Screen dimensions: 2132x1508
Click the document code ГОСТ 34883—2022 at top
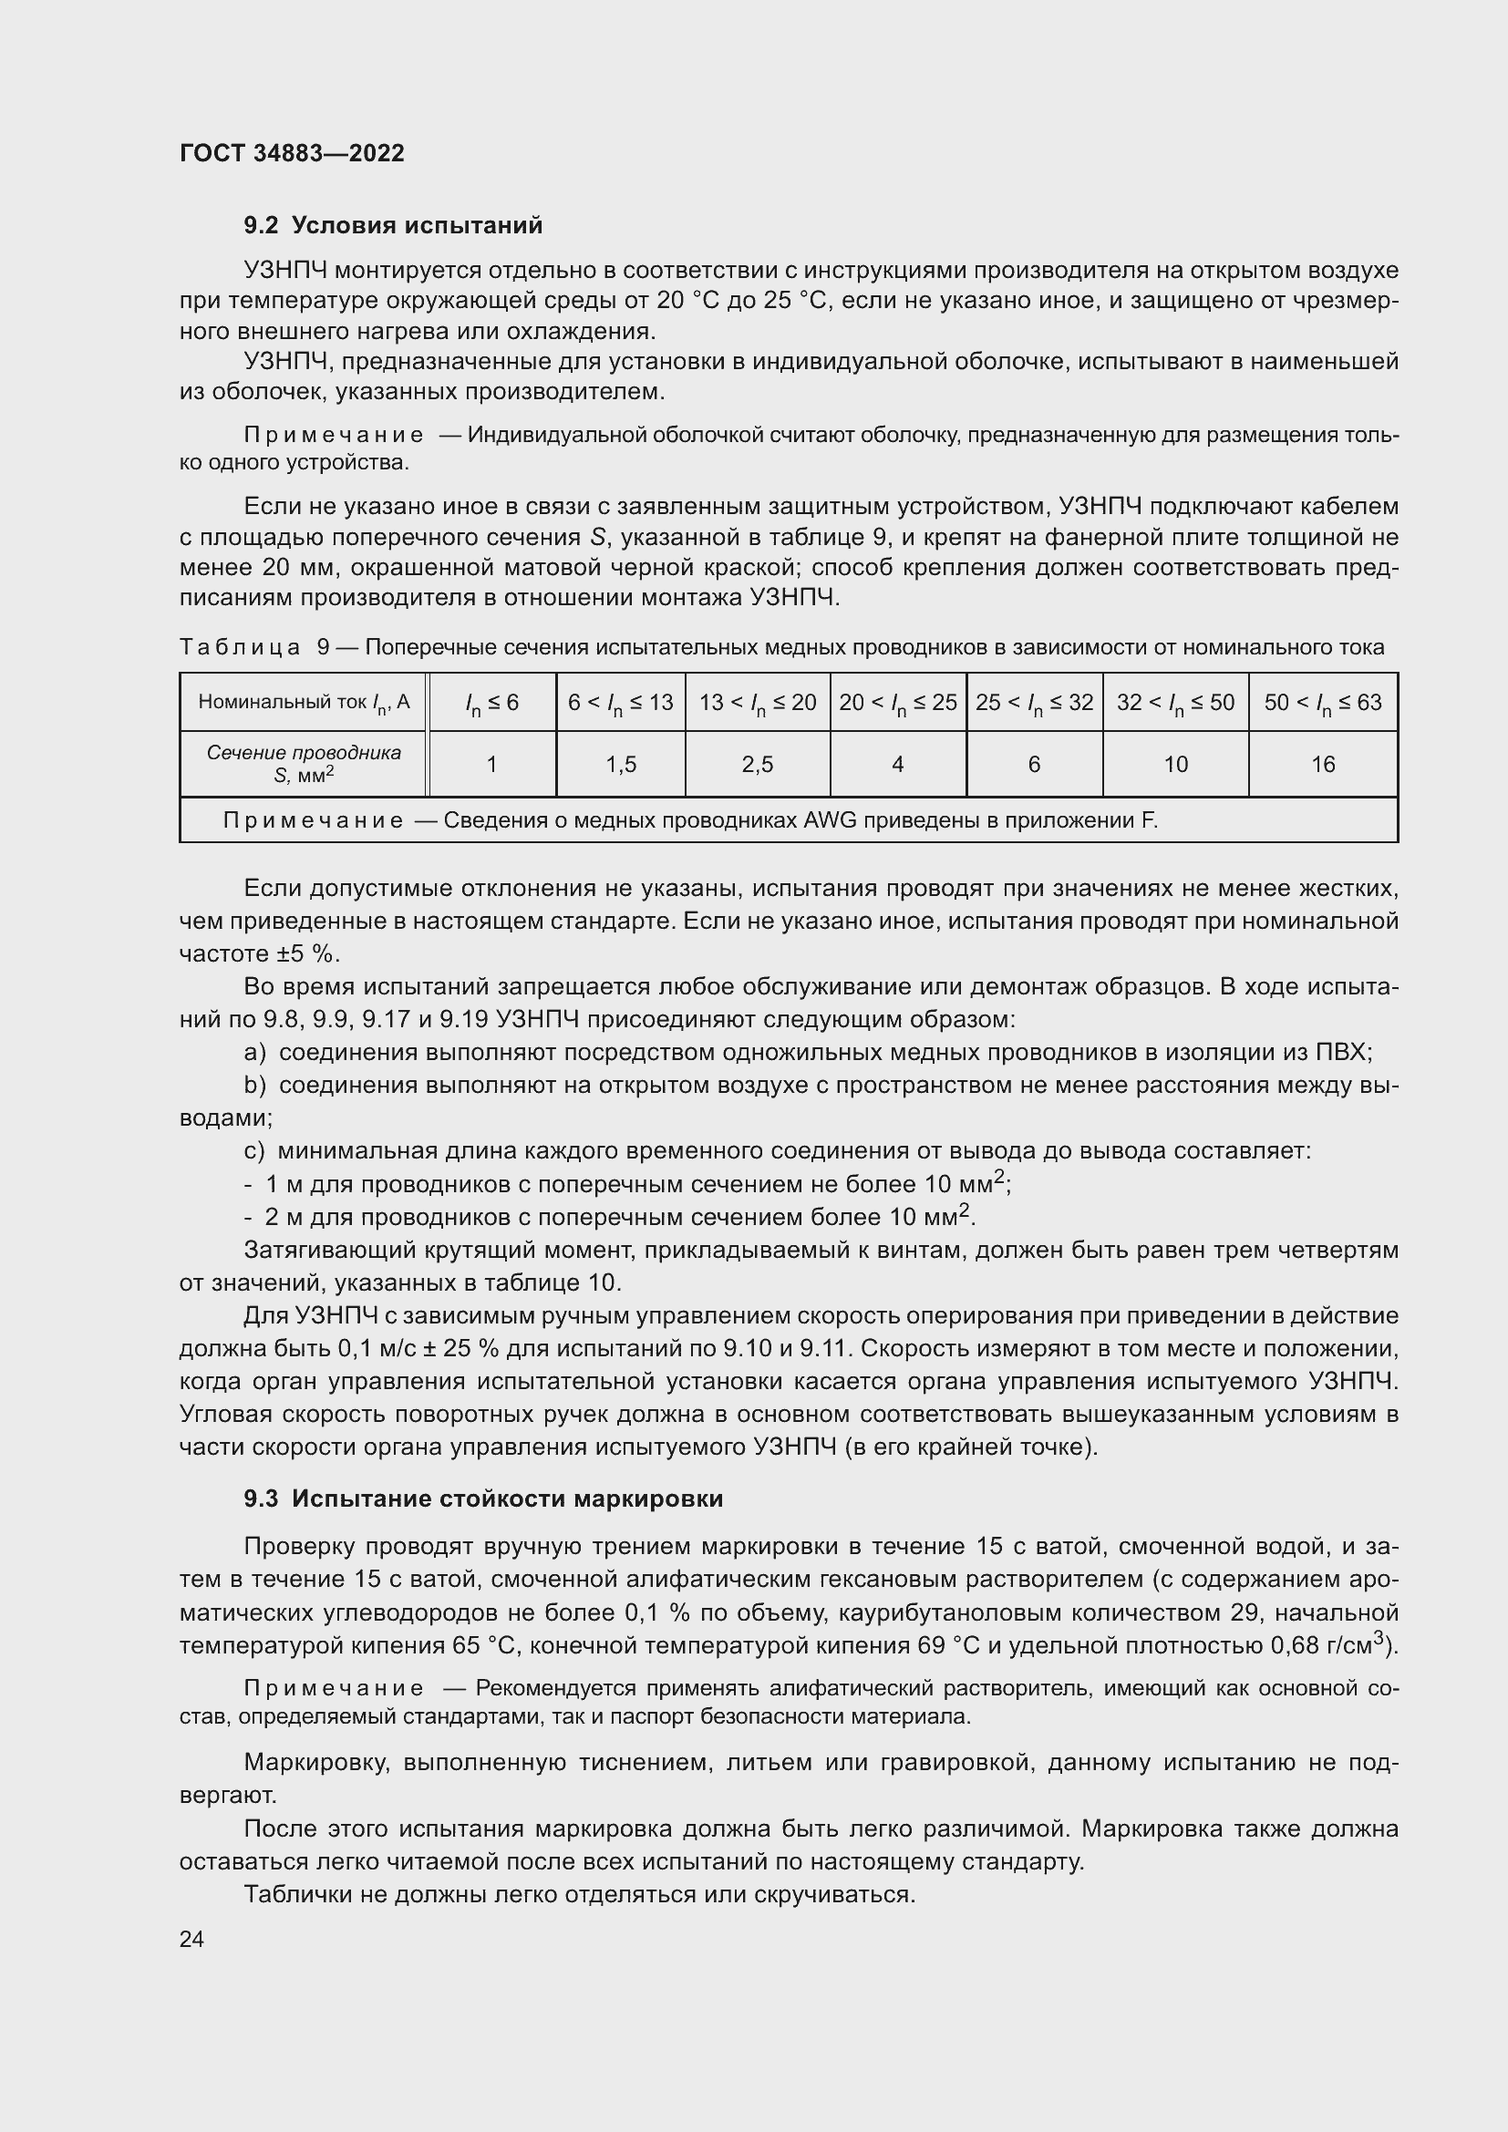[292, 153]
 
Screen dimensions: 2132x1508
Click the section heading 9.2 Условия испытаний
[393, 226]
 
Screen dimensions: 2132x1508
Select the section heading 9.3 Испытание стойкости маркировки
[483, 1499]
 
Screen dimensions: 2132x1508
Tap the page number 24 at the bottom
[191, 1939]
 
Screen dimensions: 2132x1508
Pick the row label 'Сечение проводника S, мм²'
[304, 763]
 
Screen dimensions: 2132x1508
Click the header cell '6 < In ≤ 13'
[620, 702]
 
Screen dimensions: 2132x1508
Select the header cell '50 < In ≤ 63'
[1322, 702]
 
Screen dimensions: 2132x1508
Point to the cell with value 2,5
[758, 764]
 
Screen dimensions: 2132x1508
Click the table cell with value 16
[1322, 764]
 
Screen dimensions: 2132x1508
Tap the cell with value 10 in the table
[1175, 764]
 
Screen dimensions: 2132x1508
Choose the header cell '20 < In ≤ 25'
[898, 702]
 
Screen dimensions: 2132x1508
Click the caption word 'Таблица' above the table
[240, 647]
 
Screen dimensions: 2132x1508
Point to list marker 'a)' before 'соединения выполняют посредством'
[254, 1052]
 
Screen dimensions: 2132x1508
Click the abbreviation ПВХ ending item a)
[1343, 1052]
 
